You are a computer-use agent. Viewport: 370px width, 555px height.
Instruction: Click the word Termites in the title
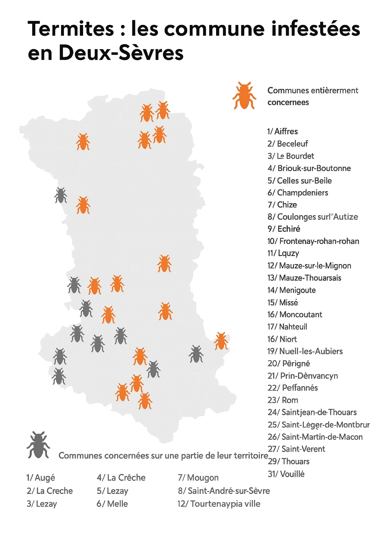click(70, 29)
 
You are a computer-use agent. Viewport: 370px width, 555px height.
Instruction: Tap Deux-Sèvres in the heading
click(121, 53)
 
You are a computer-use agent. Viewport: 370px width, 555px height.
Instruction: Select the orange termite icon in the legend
click(244, 95)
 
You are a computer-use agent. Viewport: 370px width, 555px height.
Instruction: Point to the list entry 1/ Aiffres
click(283, 132)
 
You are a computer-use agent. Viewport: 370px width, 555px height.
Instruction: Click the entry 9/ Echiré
click(284, 229)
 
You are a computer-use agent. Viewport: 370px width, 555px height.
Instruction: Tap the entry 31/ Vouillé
click(286, 474)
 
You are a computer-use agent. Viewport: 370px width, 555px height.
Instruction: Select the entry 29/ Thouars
click(289, 461)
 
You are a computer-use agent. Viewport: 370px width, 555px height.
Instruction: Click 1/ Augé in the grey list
click(40, 478)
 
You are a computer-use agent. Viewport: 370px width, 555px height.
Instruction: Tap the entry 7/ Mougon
click(198, 478)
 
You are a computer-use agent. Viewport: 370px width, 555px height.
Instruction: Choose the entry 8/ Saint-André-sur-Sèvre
click(224, 491)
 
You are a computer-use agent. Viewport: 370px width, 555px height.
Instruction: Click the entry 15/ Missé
click(283, 302)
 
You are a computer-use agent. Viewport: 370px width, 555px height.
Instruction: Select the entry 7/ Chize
click(282, 205)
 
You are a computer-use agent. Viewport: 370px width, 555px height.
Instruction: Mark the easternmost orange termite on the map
click(221, 341)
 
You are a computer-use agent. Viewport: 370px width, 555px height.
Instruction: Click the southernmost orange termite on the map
click(145, 401)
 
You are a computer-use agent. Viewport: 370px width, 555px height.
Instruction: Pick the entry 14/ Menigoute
click(292, 290)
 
